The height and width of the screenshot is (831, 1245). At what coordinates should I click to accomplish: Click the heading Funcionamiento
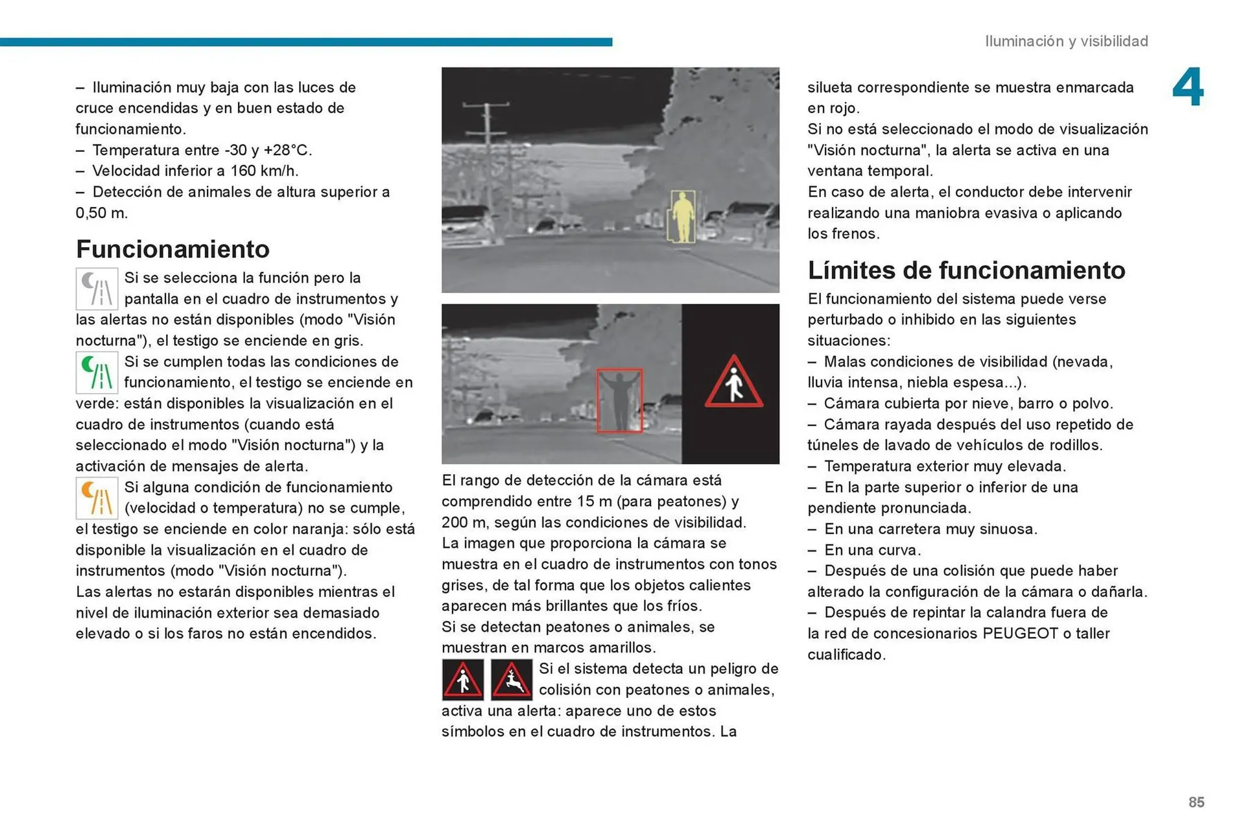(x=172, y=249)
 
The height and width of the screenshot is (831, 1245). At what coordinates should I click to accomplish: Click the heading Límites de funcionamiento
(x=966, y=271)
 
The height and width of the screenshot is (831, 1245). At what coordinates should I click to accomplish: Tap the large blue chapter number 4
(x=1187, y=88)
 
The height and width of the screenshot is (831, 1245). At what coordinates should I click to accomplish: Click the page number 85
(x=1196, y=802)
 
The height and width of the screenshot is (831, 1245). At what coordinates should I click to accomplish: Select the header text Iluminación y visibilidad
(x=1066, y=42)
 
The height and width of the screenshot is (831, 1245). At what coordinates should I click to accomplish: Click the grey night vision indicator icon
(x=97, y=289)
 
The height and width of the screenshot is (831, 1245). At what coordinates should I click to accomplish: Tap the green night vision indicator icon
(x=97, y=373)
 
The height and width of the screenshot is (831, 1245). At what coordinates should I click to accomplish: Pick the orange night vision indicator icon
(x=97, y=498)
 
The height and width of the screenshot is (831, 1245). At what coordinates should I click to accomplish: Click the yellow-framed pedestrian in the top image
(x=682, y=217)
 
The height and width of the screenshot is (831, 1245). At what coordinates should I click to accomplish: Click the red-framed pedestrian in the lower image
(x=620, y=400)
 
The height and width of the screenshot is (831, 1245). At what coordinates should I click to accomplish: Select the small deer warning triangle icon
(x=511, y=680)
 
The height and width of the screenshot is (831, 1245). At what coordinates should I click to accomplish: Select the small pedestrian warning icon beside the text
(x=462, y=680)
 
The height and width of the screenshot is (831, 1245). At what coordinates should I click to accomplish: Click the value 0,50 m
(x=102, y=213)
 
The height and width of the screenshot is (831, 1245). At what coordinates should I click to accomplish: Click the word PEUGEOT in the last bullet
(x=1020, y=634)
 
